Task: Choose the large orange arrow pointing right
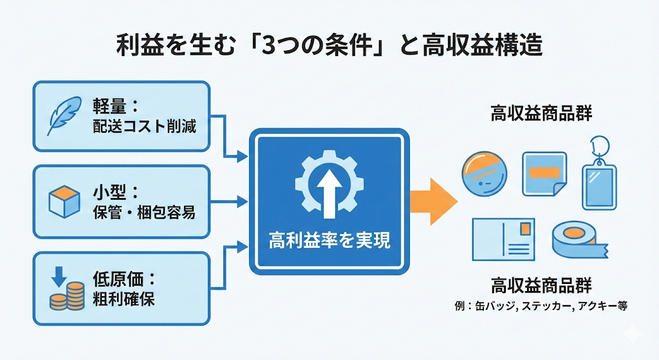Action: click(433, 200)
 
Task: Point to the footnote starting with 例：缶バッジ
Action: click(541, 307)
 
